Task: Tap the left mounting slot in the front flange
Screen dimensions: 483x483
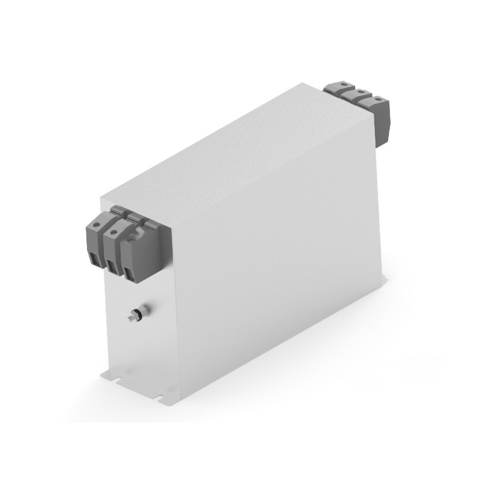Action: [x=118, y=379]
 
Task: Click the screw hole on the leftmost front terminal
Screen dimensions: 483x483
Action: [x=97, y=225]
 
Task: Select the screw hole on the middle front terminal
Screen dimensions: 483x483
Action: [x=114, y=232]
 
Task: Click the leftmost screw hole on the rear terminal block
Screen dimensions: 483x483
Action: [x=344, y=85]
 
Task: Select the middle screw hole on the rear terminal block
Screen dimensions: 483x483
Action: [x=361, y=92]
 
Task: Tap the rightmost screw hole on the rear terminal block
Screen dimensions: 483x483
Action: [x=379, y=99]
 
